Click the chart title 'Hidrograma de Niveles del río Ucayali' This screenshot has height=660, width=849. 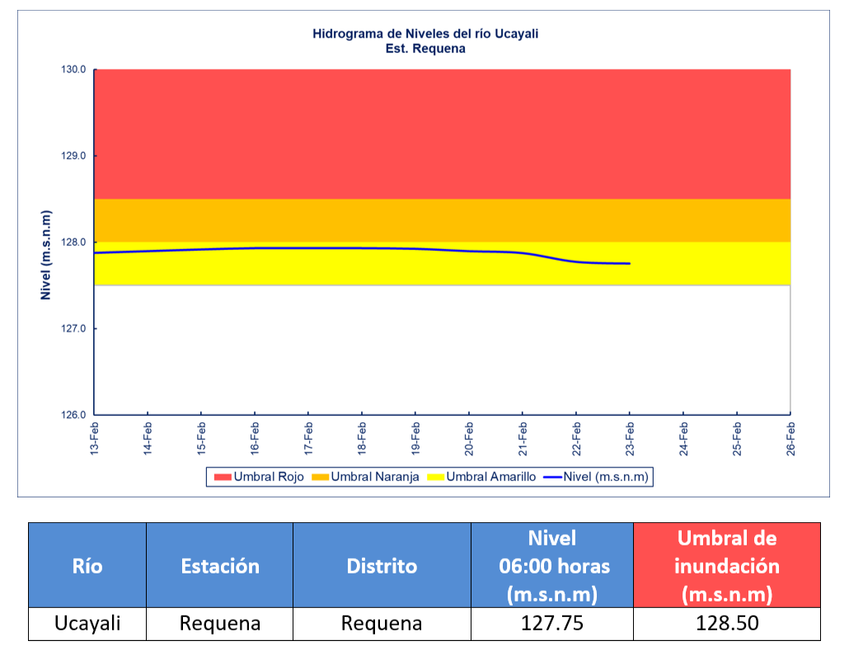pos(425,34)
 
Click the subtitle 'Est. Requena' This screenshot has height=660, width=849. pos(425,49)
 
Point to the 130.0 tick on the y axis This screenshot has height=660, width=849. pos(73,69)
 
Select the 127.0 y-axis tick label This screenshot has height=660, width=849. pos(73,328)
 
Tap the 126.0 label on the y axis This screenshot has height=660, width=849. pos(73,415)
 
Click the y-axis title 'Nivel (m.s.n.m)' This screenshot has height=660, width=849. pos(47,254)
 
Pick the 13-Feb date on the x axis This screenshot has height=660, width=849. pos(95,438)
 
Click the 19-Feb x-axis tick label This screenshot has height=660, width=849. pos(415,438)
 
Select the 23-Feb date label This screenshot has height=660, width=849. pos(630,438)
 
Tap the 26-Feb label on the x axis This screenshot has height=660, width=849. pos(790,438)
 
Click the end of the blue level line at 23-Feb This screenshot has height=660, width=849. pos(630,263)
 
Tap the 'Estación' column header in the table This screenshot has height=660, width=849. pos(219,566)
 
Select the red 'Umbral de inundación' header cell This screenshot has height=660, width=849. pos(726,566)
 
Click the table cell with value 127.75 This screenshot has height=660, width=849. pos(552,624)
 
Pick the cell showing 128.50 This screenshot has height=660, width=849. pos(726,624)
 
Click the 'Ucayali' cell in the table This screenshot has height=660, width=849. pos(87,624)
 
